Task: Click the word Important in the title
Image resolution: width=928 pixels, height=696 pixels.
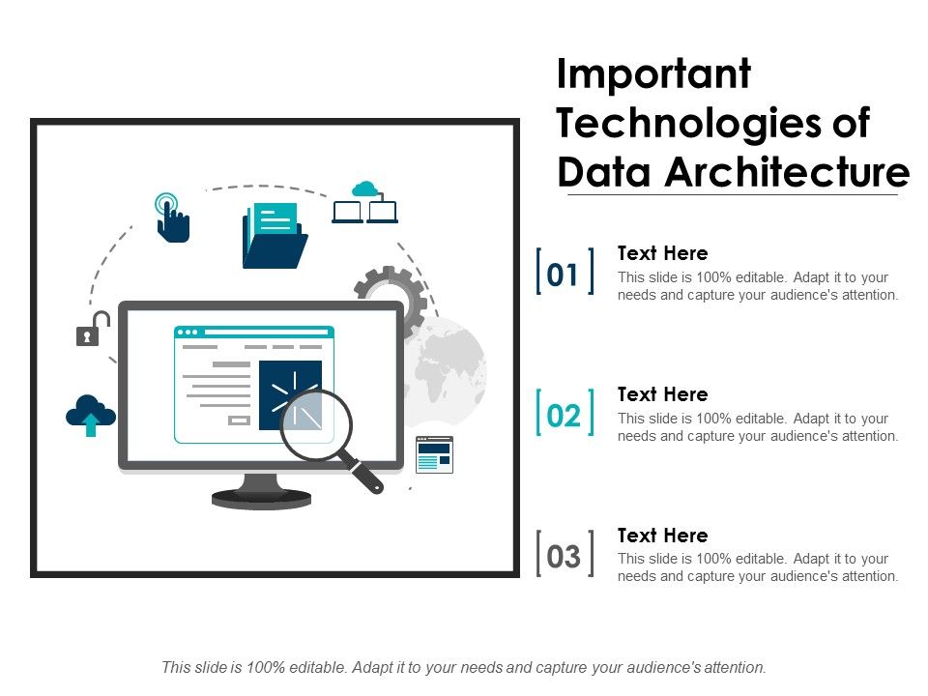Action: [x=654, y=75]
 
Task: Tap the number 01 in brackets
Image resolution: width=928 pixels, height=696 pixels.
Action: [x=564, y=275]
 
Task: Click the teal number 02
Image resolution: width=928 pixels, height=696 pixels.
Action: [x=564, y=417]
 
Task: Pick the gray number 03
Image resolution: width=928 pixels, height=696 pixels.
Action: [x=564, y=557]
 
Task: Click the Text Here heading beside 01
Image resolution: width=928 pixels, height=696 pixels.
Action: [x=662, y=253]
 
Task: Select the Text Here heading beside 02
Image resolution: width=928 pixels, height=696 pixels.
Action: [x=662, y=394]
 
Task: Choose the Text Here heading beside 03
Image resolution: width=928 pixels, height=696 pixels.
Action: [x=662, y=536]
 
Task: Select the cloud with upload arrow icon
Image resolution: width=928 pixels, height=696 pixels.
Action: [x=91, y=415]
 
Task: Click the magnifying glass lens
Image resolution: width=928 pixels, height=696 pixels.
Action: [x=316, y=422]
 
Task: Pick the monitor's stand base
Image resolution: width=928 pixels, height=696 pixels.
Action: [x=261, y=498]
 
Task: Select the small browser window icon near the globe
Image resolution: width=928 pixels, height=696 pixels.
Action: [x=434, y=454]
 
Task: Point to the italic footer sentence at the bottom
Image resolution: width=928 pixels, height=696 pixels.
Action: [x=464, y=667]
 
